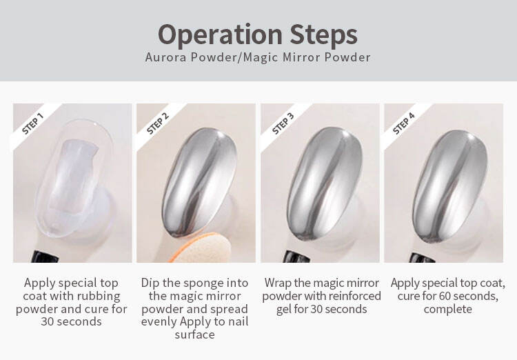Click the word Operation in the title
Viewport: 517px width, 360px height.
coord(220,35)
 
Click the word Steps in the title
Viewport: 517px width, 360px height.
coord(324,35)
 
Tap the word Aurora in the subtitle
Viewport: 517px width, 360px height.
coord(166,57)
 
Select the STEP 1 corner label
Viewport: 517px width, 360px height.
coord(32,123)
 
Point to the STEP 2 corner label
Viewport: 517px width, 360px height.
coord(158,123)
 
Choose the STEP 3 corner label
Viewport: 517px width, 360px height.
coord(283,123)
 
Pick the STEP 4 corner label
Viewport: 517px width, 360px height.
coord(403,123)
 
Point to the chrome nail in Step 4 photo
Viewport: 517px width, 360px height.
coord(450,184)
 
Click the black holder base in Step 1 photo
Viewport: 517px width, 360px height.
coord(45,257)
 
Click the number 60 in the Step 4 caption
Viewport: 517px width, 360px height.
coord(447,297)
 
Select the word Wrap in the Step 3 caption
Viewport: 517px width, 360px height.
coord(278,283)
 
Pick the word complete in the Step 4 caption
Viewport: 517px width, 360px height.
coord(447,310)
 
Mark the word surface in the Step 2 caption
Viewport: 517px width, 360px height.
coord(194,334)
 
